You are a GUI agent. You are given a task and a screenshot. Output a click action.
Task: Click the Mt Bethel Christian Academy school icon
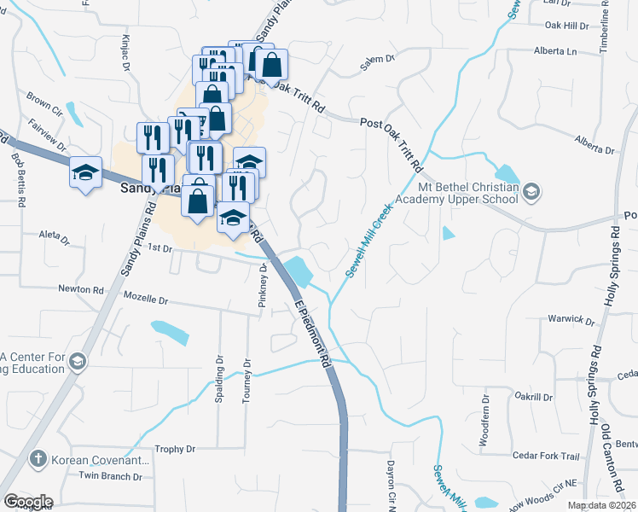pos(532,190)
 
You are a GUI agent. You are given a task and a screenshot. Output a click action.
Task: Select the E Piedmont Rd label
pos(311,334)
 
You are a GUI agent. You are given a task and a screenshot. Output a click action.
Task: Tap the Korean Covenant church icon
pos(38,460)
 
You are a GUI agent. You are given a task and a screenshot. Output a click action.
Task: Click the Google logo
pos(28,501)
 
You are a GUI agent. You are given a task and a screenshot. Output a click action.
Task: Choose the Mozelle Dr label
pos(146,301)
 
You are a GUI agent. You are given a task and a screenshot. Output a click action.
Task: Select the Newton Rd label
pos(80,289)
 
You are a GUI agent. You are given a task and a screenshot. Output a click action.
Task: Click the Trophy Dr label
pos(175,449)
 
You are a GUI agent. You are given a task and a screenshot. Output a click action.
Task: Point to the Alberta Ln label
pos(554,51)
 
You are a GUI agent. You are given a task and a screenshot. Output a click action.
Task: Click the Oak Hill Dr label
pos(566,26)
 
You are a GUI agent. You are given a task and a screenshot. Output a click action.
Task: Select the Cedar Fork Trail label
pos(546,456)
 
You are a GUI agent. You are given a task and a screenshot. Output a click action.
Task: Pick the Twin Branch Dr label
pos(110,475)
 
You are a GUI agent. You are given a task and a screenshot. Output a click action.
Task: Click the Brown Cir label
pos(44,103)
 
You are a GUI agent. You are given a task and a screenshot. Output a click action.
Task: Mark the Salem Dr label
pos(379,60)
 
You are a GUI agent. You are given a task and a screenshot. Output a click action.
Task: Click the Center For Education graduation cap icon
pos(78,362)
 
